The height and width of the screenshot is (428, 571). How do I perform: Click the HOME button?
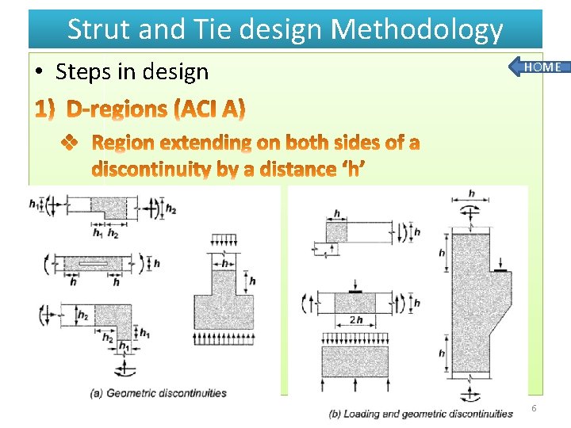click(542, 67)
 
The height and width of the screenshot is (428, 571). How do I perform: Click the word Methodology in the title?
click(416, 29)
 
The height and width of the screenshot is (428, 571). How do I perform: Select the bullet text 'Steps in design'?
click(132, 71)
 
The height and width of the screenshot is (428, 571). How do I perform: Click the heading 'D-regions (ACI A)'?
click(155, 109)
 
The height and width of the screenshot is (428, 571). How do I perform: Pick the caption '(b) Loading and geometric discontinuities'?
click(421, 413)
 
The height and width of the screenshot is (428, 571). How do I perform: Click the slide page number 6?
click(534, 408)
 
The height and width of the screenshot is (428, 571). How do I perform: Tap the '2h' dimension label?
click(354, 320)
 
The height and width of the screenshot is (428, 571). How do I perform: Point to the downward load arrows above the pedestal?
click(224, 240)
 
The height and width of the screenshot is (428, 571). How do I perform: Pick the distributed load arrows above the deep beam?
click(354, 338)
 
